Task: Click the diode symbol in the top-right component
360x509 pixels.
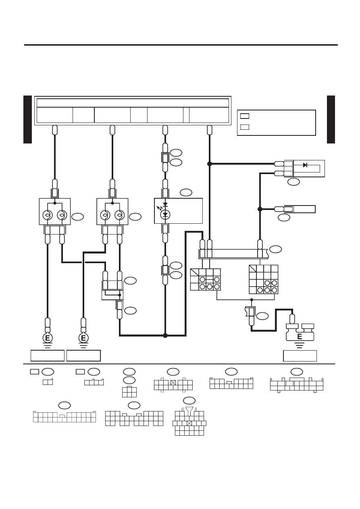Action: point(305,165)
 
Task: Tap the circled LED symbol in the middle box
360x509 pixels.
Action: point(165,214)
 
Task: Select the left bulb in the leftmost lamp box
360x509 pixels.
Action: point(48,215)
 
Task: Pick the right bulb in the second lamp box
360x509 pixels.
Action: point(120,215)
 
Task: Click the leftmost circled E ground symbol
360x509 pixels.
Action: point(48,338)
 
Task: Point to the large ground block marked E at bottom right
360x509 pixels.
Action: point(300,332)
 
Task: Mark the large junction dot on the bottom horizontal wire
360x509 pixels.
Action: point(165,335)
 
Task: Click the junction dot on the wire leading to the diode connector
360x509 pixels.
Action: point(210,164)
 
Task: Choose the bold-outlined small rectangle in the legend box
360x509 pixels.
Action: point(245,116)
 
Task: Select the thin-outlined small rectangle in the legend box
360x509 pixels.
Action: point(245,127)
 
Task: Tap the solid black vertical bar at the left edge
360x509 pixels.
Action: point(27,120)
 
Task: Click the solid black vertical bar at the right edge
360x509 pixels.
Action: point(331,120)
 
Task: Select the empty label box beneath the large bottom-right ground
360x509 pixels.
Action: point(300,356)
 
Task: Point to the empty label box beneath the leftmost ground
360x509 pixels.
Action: point(48,355)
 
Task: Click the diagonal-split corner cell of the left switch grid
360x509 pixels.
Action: point(194,272)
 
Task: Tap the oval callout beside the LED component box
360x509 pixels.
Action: point(186,193)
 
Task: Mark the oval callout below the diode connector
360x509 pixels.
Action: point(293,182)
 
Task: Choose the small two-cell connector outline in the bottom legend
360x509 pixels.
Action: point(48,382)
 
